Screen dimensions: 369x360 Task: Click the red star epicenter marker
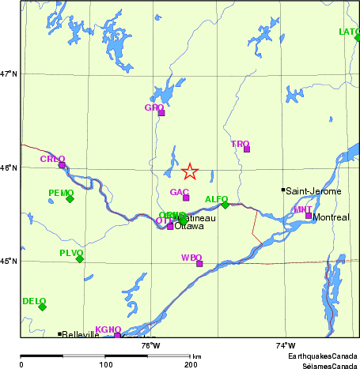click(190, 171)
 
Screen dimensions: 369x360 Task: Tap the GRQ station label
click(153, 107)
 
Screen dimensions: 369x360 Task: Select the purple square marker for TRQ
click(247, 149)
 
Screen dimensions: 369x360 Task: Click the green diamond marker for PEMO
click(70, 198)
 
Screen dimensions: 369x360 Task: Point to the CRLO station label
click(52, 160)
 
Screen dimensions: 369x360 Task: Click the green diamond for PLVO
click(80, 258)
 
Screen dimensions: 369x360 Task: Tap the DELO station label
click(34, 301)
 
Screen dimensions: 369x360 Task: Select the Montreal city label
click(331, 217)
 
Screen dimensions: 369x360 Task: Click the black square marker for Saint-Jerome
click(283, 190)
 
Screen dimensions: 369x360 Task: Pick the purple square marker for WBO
click(199, 264)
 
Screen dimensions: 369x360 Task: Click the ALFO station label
click(216, 199)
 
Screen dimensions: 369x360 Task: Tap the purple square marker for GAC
click(186, 198)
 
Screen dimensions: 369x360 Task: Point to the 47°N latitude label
click(9, 74)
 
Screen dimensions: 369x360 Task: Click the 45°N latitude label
click(9, 262)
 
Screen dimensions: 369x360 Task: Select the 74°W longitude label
click(286, 345)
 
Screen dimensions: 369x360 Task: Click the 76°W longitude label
click(150, 345)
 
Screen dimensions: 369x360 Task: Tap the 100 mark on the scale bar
click(105, 363)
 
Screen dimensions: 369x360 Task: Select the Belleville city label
click(81, 334)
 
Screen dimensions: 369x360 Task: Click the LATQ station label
click(348, 32)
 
